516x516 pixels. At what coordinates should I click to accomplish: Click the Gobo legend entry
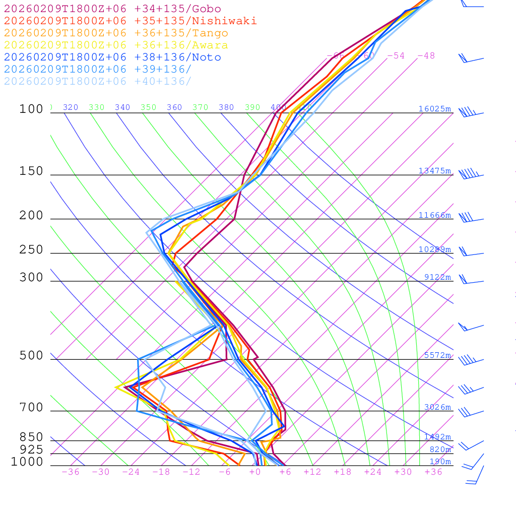click(x=112, y=9)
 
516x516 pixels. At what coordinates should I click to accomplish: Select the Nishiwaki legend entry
click(x=130, y=21)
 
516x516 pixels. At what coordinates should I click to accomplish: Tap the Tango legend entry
click(x=116, y=33)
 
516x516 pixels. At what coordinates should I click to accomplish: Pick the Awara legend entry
click(x=116, y=45)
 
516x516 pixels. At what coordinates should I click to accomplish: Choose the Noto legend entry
click(x=112, y=57)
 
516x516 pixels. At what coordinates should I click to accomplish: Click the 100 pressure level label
click(x=31, y=109)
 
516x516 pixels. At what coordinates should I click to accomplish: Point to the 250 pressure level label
click(x=31, y=249)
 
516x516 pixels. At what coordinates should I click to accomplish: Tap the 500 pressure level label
click(x=31, y=355)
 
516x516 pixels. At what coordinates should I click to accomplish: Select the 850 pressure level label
click(x=31, y=437)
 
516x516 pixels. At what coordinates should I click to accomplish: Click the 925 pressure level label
click(x=31, y=449)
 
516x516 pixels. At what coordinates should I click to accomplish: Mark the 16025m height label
click(x=434, y=109)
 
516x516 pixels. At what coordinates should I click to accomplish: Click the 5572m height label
click(x=437, y=355)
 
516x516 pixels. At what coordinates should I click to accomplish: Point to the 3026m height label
click(x=437, y=407)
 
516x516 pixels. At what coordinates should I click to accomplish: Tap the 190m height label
click(x=440, y=462)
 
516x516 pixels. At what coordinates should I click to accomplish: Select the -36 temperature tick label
click(x=70, y=472)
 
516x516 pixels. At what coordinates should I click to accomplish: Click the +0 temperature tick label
click(x=255, y=472)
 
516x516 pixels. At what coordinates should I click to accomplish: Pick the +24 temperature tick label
click(x=373, y=472)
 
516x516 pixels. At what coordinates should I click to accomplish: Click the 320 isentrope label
click(x=70, y=107)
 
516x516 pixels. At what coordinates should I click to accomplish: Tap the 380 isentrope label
click(x=226, y=107)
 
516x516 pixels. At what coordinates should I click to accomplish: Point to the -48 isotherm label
click(x=426, y=55)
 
